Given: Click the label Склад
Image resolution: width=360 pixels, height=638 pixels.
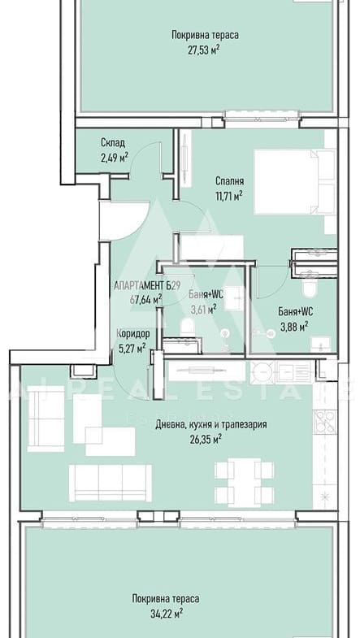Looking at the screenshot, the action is (113, 143).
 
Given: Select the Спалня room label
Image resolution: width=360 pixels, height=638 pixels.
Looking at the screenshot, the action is (230, 181).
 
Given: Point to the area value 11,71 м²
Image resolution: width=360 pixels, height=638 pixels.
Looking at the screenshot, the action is (230, 196).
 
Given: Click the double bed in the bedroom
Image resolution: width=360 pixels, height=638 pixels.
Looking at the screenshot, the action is (294, 181).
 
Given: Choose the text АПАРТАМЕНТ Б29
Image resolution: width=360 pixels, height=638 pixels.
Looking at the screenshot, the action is (147, 285).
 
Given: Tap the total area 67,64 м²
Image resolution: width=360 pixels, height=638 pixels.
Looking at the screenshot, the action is (145, 300).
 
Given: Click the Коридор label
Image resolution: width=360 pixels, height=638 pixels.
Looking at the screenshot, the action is (133, 334).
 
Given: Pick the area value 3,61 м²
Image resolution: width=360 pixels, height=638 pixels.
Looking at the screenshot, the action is (203, 309).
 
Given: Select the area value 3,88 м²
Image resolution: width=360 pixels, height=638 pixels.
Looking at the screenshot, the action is (293, 327).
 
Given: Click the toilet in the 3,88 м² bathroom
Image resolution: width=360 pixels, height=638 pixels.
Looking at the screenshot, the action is (310, 287).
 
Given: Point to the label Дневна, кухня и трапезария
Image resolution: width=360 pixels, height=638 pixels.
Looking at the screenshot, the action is (211, 424).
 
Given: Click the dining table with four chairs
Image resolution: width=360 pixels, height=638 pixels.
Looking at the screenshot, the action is (244, 482).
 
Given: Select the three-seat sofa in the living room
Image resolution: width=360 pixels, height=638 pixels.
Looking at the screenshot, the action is (111, 483).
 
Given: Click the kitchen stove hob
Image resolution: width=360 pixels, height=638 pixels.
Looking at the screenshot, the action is (324, 422).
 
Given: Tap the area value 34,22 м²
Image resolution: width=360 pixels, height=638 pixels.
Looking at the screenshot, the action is (167, 613).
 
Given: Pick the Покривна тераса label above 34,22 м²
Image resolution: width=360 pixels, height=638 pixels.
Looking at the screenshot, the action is (166, 598).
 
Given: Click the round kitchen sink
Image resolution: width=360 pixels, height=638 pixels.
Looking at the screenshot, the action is (262, 372).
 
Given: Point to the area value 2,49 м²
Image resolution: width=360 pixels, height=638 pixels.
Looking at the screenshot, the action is (115, 157).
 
